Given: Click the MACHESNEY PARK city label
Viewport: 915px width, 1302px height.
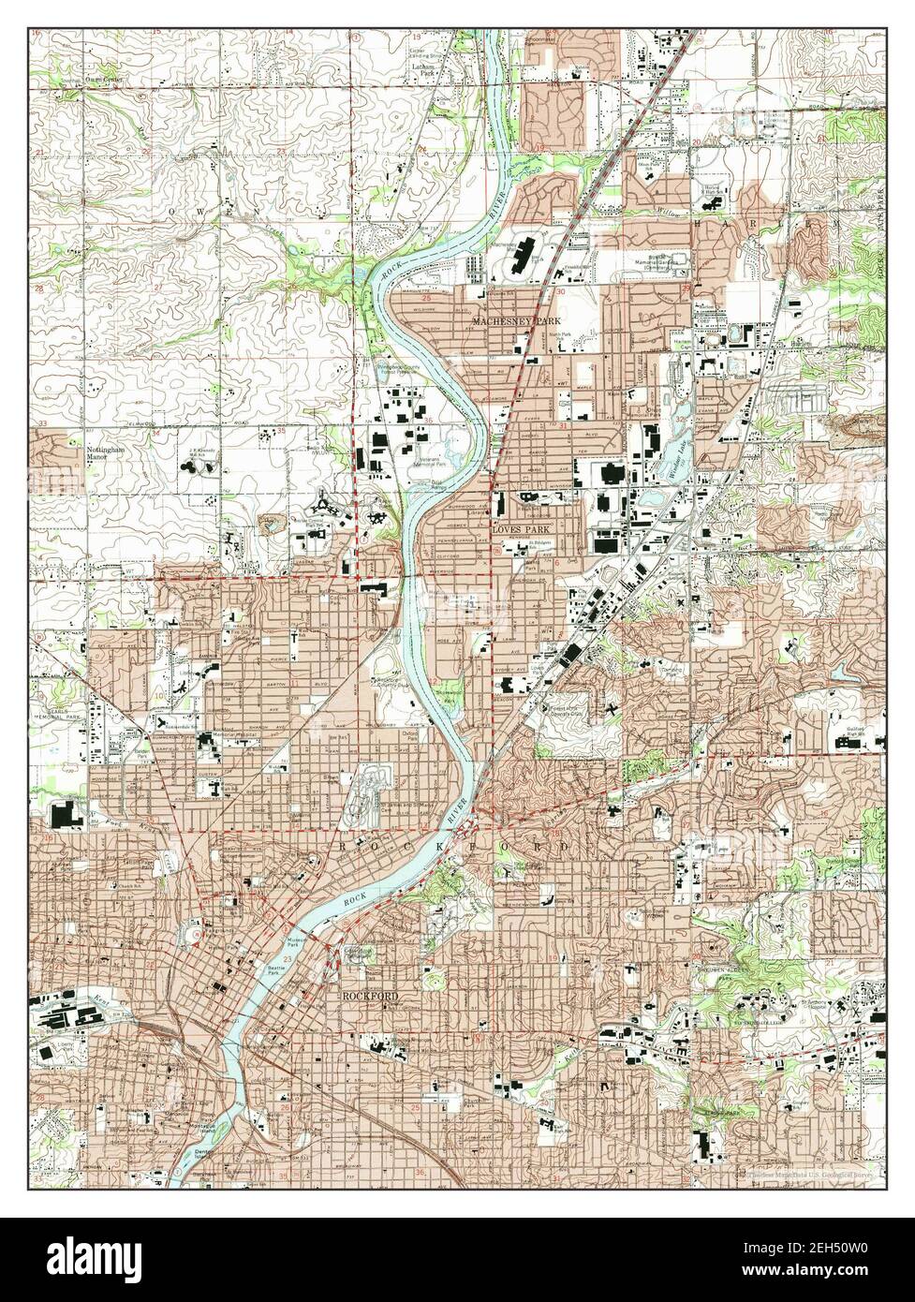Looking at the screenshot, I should click(513, 321).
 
